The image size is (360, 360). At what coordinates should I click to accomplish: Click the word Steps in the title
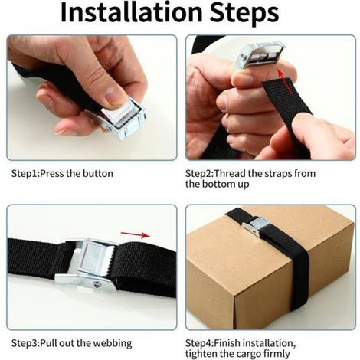click(x=244, y=14)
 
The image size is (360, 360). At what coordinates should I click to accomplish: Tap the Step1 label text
click(x=25, y=175)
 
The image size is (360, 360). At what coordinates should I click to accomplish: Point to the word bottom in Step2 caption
click(x=218, y=184)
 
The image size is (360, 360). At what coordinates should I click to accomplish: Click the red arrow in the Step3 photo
click(x=136, y=234)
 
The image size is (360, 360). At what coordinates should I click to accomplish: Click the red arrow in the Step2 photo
click(x=283, y=81)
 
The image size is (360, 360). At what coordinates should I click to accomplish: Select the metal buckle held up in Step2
click(x=259, y=56)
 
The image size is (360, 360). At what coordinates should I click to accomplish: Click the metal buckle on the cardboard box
click(x=256, y=226)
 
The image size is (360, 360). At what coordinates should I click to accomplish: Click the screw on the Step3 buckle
click(x=97, y=284)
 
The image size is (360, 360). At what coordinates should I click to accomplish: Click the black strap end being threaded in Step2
click(x=286, y=102)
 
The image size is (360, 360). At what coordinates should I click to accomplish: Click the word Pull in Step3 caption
click(x=49, y=343)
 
